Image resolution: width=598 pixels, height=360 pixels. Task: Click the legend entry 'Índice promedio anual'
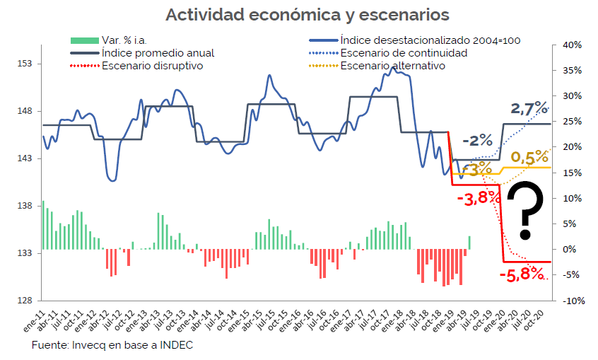pos(158,53)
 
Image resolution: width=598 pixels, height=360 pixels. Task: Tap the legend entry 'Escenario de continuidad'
pos(403,53)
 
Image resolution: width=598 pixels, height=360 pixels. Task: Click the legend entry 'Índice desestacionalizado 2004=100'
pos(430,40)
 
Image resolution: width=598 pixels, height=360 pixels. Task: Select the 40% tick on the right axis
pos(571,45)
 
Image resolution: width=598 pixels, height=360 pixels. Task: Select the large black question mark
pos(527,210)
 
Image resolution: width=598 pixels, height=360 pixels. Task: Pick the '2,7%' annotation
pos(529,109)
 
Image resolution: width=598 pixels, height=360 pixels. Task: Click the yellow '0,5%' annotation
pos(529,156)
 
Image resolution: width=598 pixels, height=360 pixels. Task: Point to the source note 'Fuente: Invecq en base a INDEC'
pos(112,345)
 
